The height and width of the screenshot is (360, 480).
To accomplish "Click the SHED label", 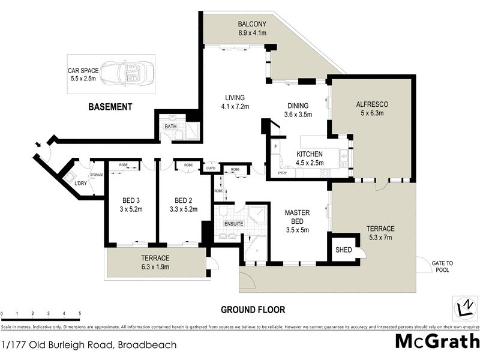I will [343, 250].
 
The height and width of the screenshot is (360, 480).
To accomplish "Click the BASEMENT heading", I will [110, 107].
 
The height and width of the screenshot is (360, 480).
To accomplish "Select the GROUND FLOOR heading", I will [253, 310].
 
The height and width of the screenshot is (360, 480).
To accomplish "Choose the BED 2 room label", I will [183, 200].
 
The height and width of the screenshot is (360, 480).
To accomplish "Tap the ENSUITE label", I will [233, 224].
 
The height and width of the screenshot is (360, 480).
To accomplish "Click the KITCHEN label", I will [310, 154].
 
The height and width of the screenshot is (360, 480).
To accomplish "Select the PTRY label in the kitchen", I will [282, 173].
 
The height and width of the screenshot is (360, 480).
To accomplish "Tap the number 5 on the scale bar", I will [79, 314].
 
